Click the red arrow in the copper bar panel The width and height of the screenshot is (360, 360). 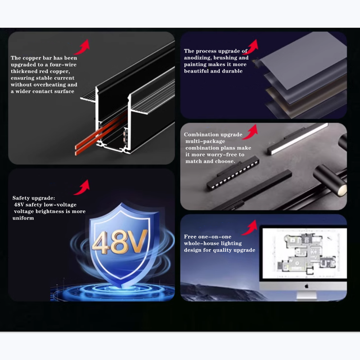pyautogui.click(x=82, y=48)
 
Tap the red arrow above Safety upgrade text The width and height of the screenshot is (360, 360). pyautogui.click(x=82, y=188)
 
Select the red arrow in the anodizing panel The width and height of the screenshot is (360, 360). pyautogui.click(x=251, y=47)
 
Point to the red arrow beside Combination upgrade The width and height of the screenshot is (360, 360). pyautogui.click(x=250, y=132)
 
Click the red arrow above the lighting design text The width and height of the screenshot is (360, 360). pyautogui.click(x=250, y=228)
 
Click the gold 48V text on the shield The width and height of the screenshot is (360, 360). pyautogui.click(x=119, y=242)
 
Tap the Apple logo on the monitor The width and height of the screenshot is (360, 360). pyautogui.click(x=306, y=286)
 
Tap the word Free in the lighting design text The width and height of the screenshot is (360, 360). pyautogui.click(x=189, y=237)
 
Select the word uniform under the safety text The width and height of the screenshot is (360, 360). pyautogui.click(x=23, y=218)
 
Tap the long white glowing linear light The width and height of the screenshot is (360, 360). pyautogui.click(x=297, y=139)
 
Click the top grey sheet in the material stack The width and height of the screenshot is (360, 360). pyautogui.click(x=303, y=60)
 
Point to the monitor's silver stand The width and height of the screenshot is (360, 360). pyautogui.click(x=306, y=295)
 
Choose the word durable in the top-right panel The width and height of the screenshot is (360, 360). pyautogui.click(x=232, y=71)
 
